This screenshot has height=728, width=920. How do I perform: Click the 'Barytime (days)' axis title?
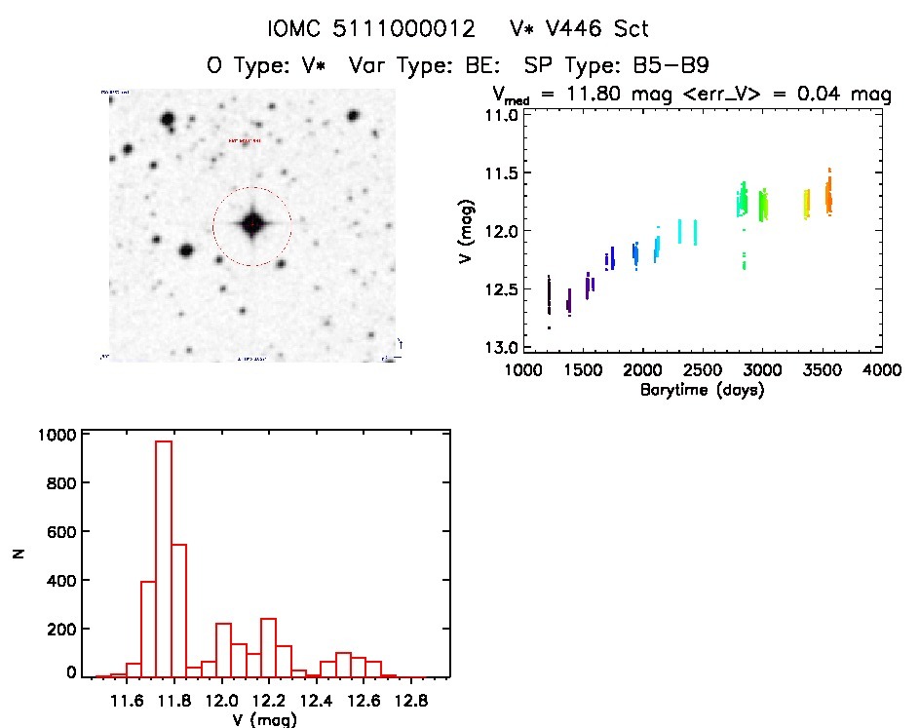pyautogui.click(x=702, y=390)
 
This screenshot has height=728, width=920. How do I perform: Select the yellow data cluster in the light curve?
pyautogui.click(x=806, y=204)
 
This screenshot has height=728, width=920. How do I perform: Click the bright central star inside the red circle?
pyautogui.click(x=252, y=224)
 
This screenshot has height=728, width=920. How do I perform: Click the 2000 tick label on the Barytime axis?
pyautogui.click(x=642, y=370)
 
